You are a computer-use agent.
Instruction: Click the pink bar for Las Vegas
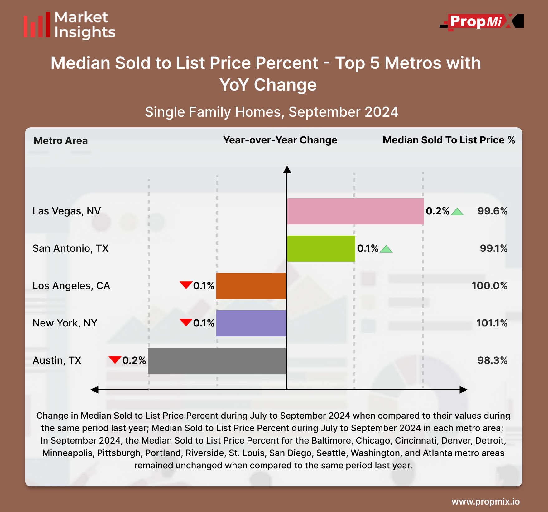355,211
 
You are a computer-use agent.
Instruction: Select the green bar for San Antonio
321,249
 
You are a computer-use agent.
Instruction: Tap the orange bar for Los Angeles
251,286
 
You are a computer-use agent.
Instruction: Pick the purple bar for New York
251,323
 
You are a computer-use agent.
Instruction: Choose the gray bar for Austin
217,361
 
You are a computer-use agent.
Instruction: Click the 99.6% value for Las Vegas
492,211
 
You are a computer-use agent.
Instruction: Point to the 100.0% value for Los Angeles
489,286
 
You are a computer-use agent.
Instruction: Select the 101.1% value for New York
492,323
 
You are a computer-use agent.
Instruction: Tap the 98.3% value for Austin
492,360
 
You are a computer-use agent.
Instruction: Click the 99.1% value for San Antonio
493,248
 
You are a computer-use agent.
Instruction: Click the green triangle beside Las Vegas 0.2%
457,212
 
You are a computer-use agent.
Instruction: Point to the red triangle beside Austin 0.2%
115,359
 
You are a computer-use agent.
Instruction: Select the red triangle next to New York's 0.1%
186,322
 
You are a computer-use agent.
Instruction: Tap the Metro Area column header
60,141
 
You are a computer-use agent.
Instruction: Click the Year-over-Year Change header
280,140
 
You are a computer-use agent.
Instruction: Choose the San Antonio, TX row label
70,248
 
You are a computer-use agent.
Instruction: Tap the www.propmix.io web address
485,501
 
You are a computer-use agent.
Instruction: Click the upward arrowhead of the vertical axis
287,170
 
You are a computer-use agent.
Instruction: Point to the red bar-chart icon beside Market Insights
37,25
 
